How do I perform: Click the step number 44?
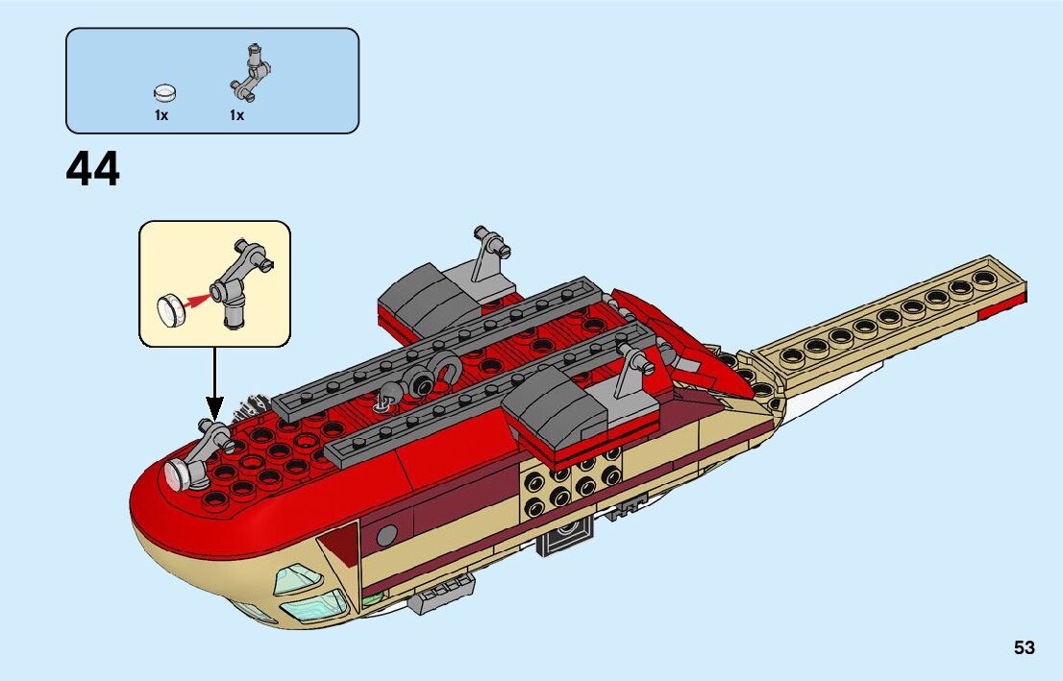point(93,170)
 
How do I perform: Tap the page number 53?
point(1024,647)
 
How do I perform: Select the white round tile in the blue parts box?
point(166,92)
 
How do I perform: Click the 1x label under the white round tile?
point(161,115)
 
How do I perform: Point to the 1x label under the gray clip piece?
point(236,115)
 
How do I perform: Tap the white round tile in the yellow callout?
point(171,309)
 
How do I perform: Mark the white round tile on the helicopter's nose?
point(179,472)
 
